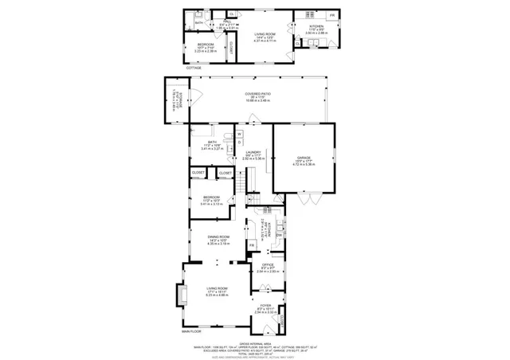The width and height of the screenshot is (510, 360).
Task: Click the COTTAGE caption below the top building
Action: pos(194,68)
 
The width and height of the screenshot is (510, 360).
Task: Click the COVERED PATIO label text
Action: pos(257,95)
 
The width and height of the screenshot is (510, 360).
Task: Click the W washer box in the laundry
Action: pos(238,134)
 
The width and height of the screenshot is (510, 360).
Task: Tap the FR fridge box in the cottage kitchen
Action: pos(331,16)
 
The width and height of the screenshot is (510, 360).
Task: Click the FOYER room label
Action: pos(265,306)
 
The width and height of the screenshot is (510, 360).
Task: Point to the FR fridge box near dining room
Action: pos(250,245)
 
